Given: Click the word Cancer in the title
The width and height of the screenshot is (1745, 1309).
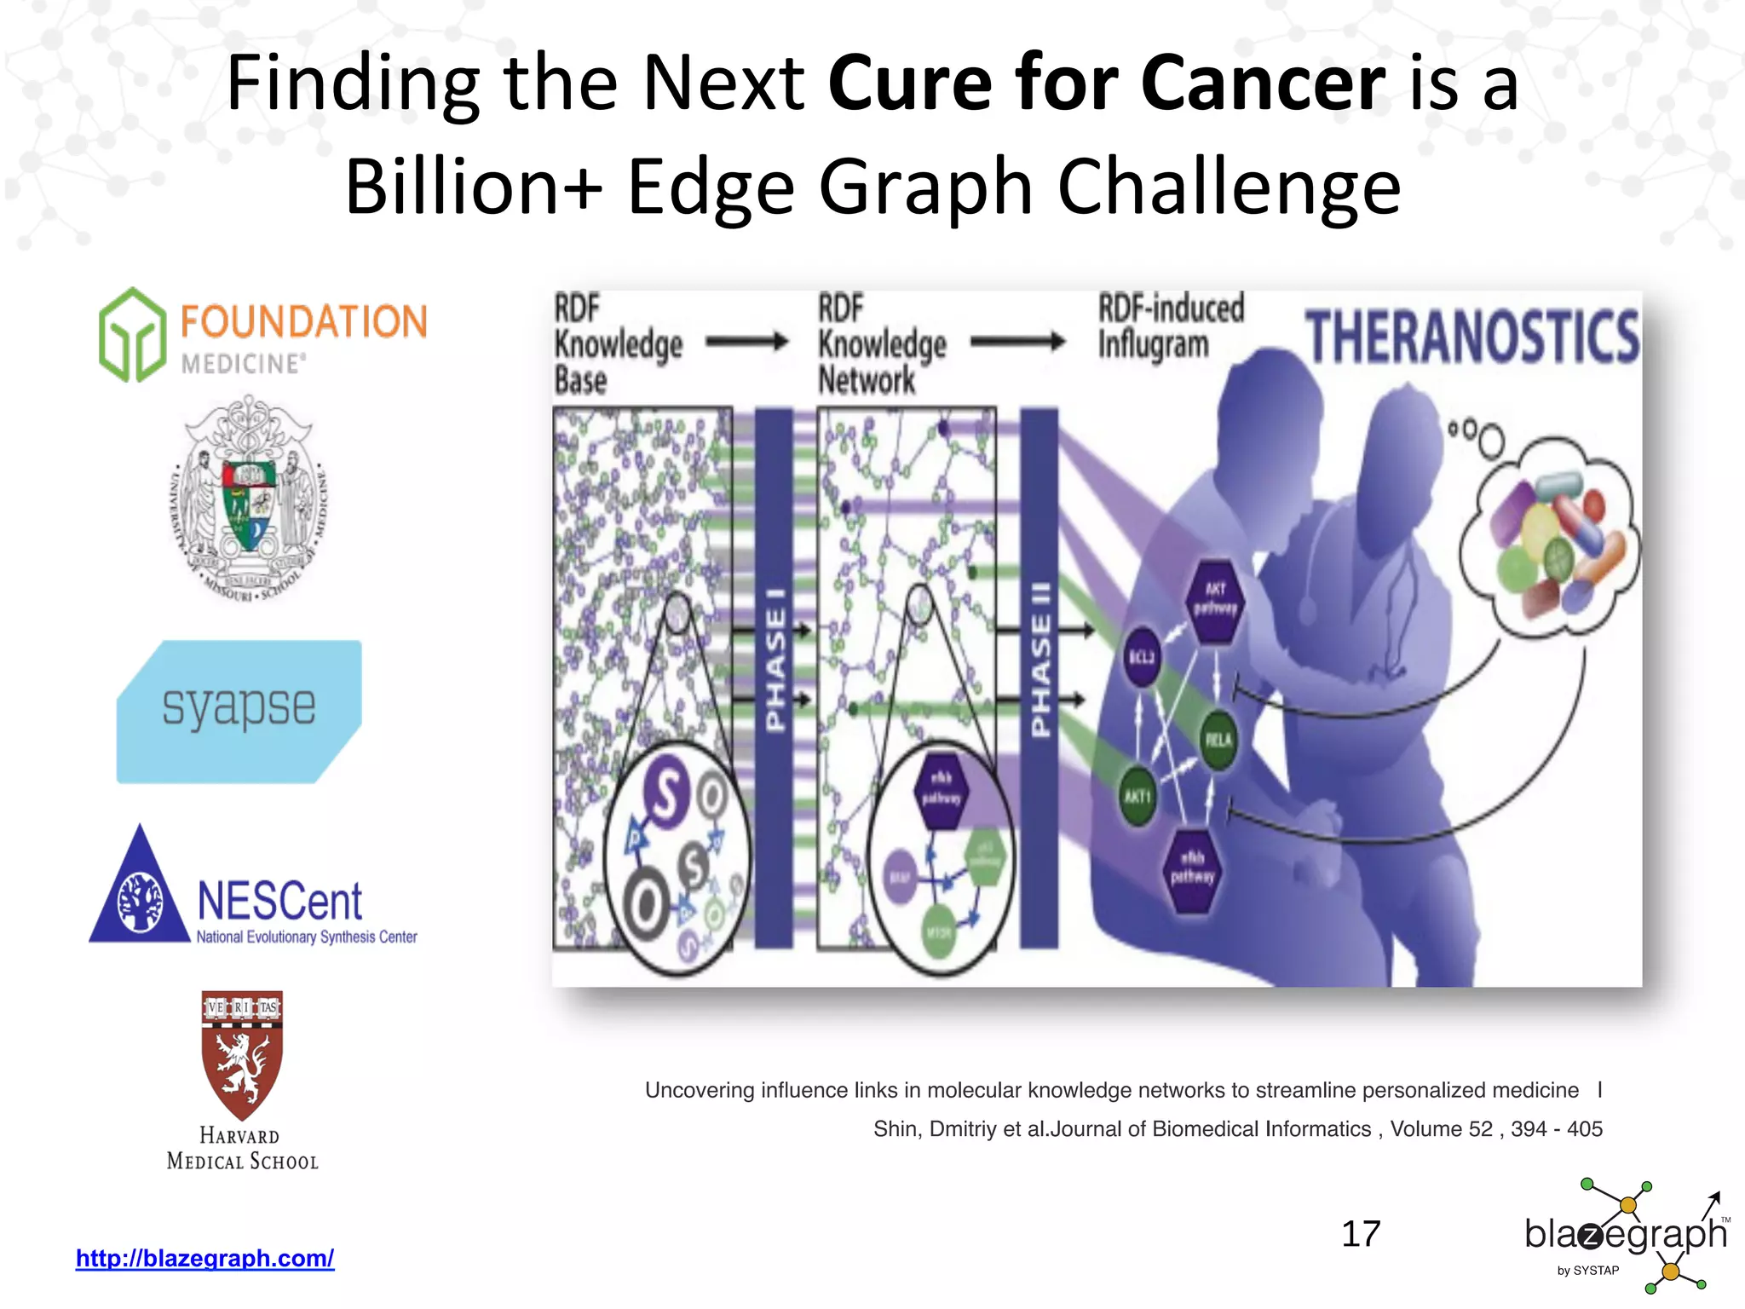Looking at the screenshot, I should [1262, 83].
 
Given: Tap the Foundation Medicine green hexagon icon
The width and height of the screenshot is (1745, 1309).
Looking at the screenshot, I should [132, 335].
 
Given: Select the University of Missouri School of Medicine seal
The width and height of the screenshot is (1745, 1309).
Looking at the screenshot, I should [248, 499].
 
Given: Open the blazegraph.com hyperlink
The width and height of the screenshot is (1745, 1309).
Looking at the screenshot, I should [204, 1258].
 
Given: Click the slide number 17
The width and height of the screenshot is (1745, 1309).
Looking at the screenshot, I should [1360, 1233].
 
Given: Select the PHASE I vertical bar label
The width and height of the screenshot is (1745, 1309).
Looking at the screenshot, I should [775, 660].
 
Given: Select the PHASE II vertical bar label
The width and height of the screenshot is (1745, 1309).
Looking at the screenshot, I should [1040, 660].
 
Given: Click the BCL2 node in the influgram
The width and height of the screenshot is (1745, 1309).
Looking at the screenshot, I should [1142, 656].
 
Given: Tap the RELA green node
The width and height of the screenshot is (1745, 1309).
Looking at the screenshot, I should [1218, 739].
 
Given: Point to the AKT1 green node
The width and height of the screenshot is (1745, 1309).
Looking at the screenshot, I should [1137, 796].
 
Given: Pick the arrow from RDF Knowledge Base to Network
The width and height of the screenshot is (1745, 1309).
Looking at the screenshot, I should [747, 342].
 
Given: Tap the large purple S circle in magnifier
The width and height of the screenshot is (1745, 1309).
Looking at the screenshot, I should [666, 793].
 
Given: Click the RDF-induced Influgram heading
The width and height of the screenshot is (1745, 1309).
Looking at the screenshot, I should [1170, 326].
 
